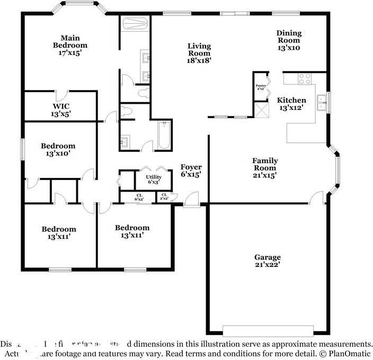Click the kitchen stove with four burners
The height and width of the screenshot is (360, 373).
click(x=305, y=79)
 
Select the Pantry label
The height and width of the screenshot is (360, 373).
click(x=260, y=87)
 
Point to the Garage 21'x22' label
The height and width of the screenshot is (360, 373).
click(x=267, y=261)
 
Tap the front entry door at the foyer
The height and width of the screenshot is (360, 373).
click(x=192, y=201)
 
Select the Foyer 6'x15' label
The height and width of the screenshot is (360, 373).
click(x=191, y=170)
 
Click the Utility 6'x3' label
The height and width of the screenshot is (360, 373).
click(x=153, y=179)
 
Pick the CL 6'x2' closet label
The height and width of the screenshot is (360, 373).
click(x=139, y=197)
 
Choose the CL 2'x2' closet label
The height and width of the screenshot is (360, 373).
click(x=164, y=197)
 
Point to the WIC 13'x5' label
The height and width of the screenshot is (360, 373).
click(x=60, y=110)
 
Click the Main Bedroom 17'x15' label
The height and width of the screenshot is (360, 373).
click(x=70, y=46)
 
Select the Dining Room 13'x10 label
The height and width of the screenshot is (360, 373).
click(x=289, y=40)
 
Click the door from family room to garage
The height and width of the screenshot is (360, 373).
click(x=318, y=200)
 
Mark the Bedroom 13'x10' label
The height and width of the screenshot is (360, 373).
click(x=58, y=150)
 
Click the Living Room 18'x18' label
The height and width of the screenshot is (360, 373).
click(x=199, y=53)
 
